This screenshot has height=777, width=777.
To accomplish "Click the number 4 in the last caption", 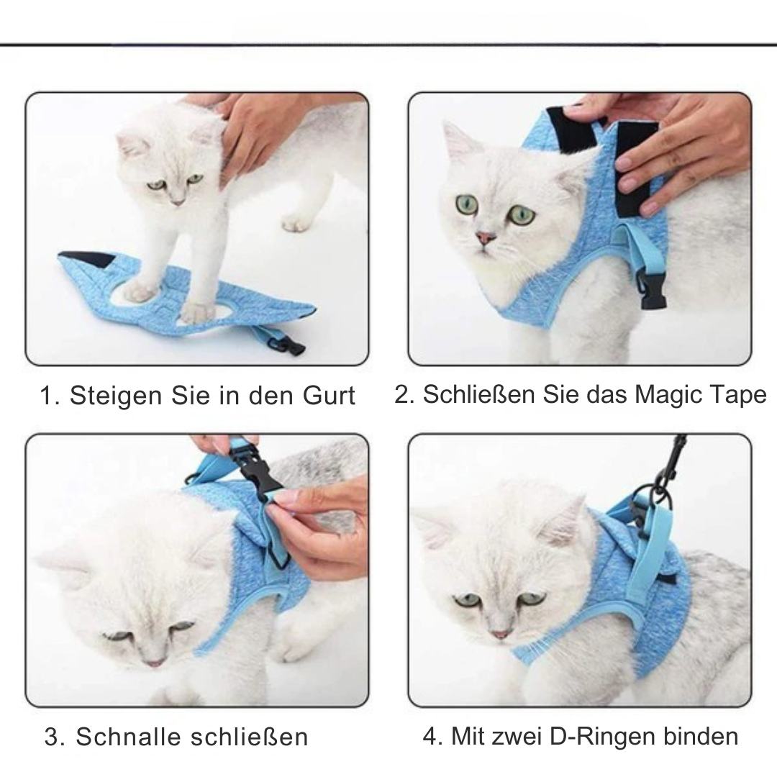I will (x=430, y=737).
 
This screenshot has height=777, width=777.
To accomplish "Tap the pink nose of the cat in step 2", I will (x=486, y=237).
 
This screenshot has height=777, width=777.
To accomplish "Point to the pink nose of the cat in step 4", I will (x=501, y=635).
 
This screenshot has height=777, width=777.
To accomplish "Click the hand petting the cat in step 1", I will (x=259, y=129).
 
